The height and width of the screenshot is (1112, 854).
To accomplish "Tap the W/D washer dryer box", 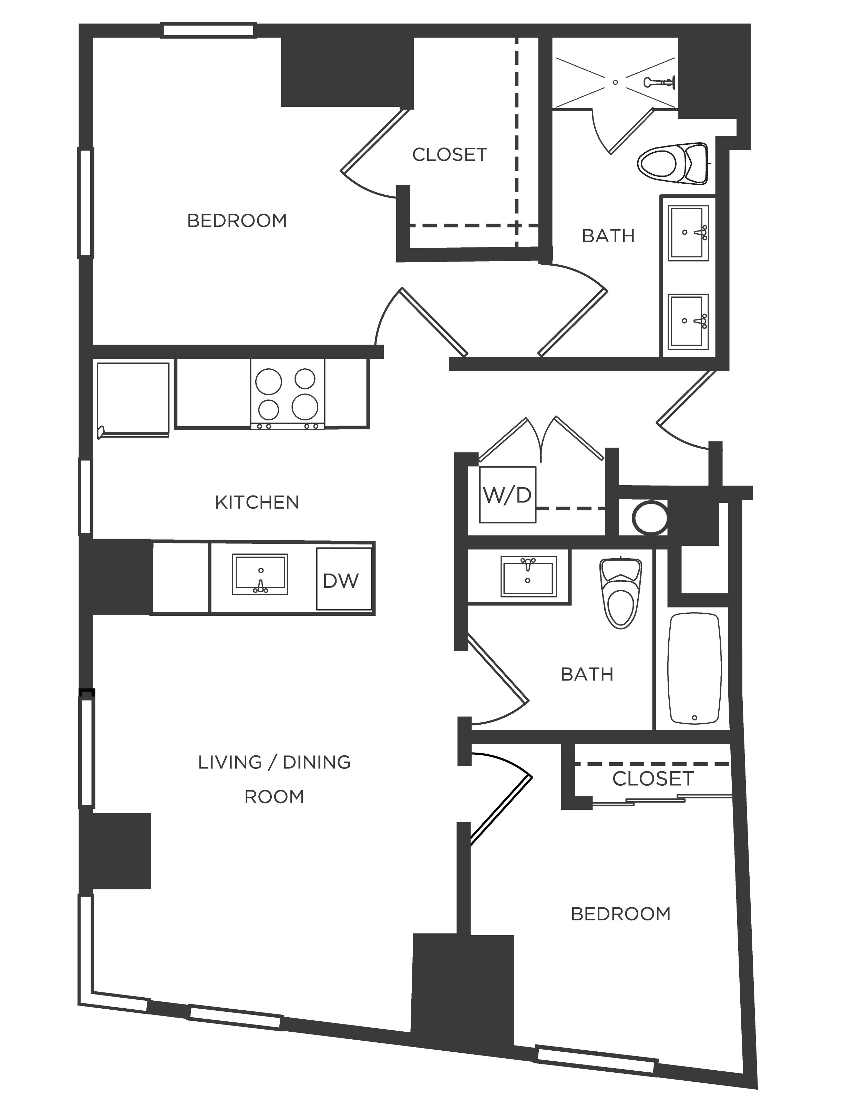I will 507,495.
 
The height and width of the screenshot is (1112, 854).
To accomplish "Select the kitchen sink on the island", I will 260,574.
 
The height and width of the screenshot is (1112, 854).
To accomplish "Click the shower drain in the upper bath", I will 615,82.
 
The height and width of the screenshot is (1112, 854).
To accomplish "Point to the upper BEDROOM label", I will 237,221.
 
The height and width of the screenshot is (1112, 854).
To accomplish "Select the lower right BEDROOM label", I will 621,914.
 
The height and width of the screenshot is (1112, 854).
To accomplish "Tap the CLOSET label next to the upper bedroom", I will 449,155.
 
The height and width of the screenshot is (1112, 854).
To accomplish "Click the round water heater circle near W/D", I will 650,517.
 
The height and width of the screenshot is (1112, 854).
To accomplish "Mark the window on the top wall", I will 208,30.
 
